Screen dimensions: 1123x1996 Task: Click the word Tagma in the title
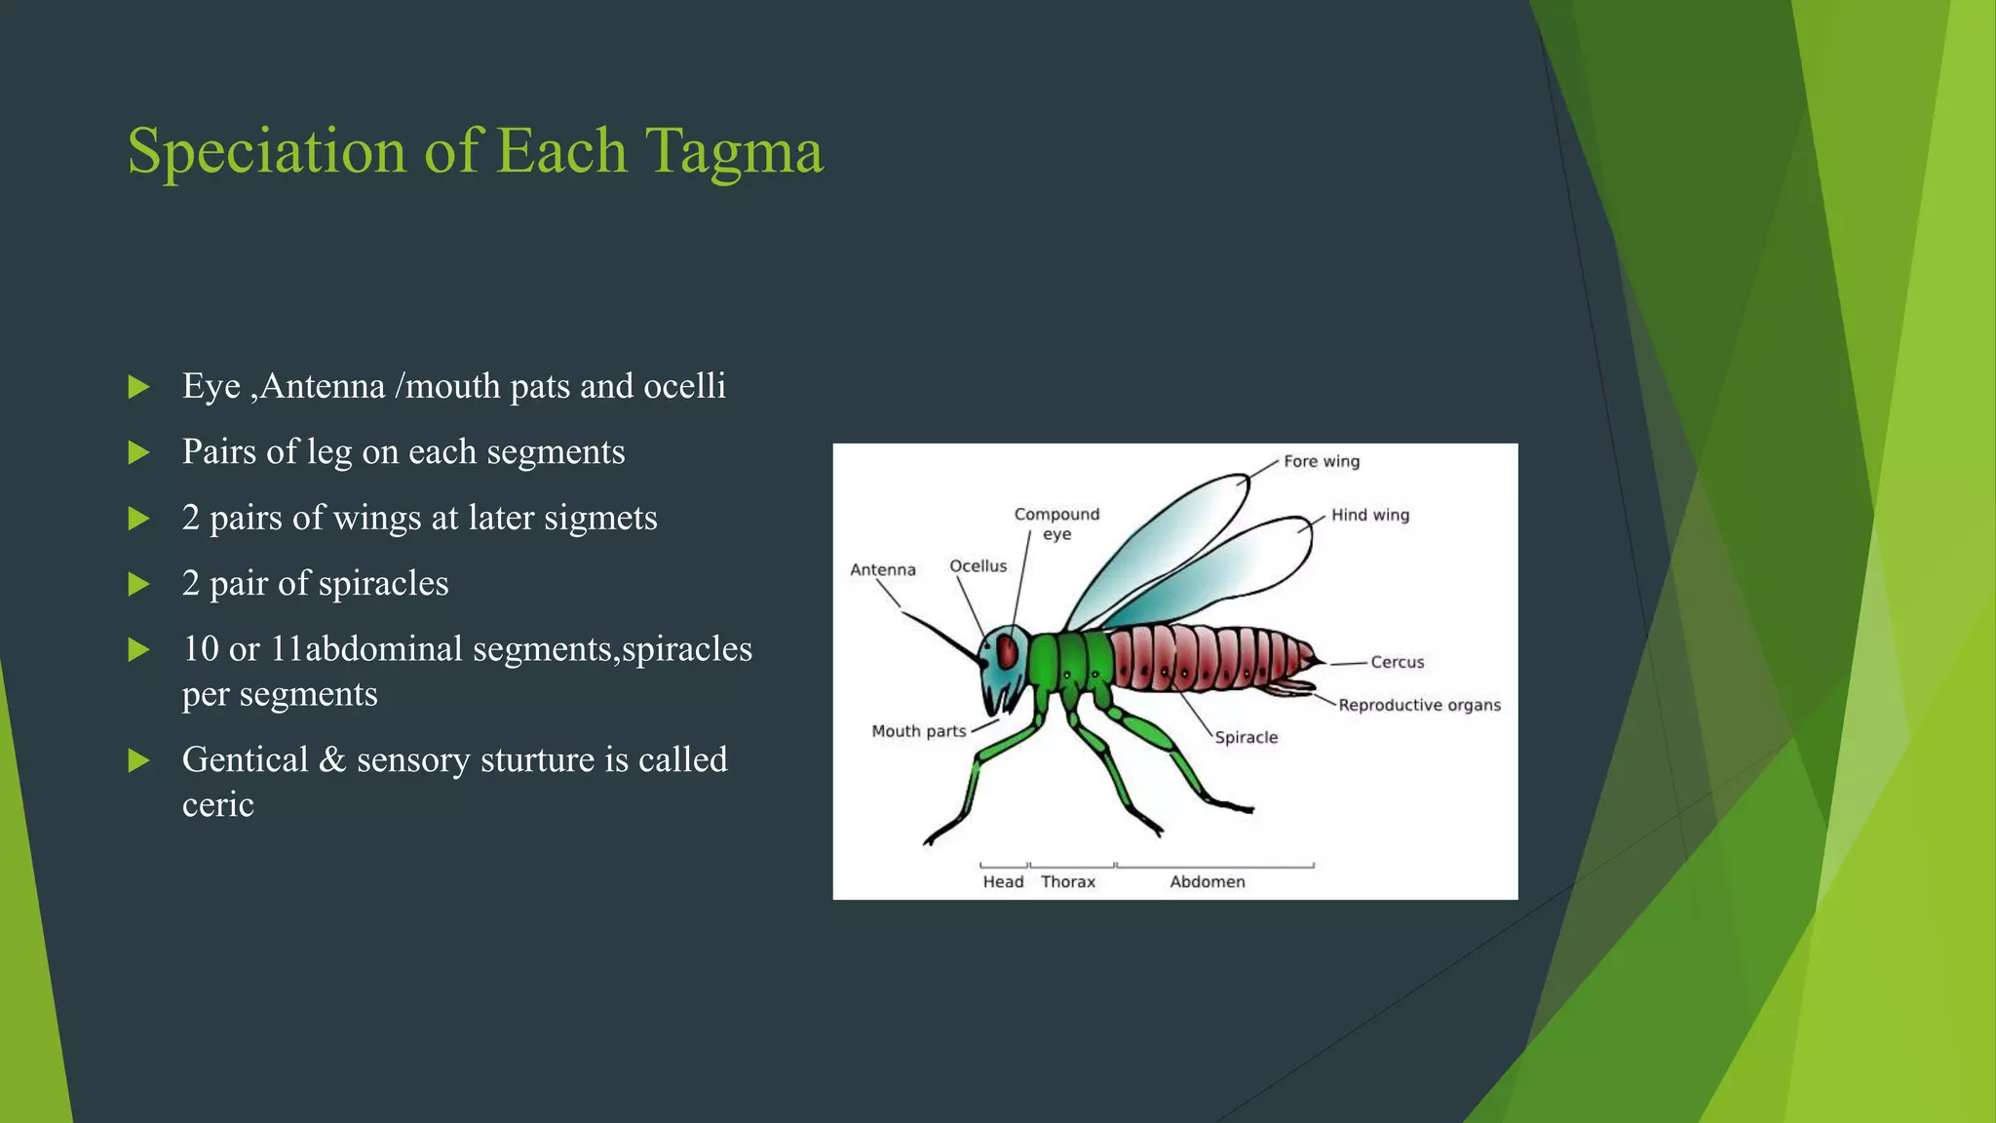[x=734, y=152]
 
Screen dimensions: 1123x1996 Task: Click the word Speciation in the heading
[x=266, y=152]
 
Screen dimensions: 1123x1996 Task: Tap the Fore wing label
[x=1321, y=461]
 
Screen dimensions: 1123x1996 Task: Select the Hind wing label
[x=1369, y=515]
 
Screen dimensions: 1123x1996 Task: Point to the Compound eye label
[x=1056, y=523]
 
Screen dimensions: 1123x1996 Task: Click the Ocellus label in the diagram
[x=978, y=566]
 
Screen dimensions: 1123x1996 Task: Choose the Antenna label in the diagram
[x=882, y=570]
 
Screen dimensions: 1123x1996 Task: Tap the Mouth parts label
[x=918, y=731]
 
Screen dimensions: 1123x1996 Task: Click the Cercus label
[x=1397, y=662]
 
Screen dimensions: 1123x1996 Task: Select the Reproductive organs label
[x=1419, y=705]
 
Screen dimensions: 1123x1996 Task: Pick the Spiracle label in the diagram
[x=1246, y=738]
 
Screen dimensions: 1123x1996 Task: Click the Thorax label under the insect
[x=1067, y=882]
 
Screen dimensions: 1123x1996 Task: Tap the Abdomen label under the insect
[x=1207, y=882]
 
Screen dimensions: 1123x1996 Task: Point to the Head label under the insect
[x=1003, y=882]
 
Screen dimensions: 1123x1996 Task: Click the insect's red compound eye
[x=1008, y=650]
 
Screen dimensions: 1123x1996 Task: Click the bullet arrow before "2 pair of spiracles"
[x=139, y=584]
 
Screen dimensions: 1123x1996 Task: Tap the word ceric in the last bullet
[x=217, y=805]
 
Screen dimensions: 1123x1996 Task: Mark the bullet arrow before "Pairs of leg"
[x=139, y=452]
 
